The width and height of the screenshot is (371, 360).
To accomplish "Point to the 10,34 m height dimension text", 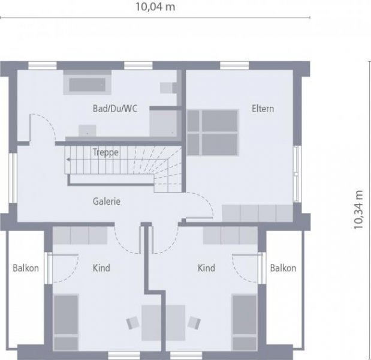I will (x=358, y=210).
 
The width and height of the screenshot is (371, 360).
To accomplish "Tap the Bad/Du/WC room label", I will (x=115, y=109).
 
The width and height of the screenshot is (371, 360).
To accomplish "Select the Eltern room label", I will (x=263, y=109).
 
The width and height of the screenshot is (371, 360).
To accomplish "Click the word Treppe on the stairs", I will (x=105, y=152).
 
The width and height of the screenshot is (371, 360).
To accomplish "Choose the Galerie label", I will (x=107, y=202).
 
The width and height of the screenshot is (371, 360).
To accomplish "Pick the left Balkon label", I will (x=26, y=268).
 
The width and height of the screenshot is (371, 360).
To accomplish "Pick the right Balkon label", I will (x=283, y=268).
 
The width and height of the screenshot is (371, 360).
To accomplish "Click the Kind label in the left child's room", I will (x=101, y=268).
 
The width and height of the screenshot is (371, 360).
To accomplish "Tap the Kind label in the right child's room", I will (x=206, y=268).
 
